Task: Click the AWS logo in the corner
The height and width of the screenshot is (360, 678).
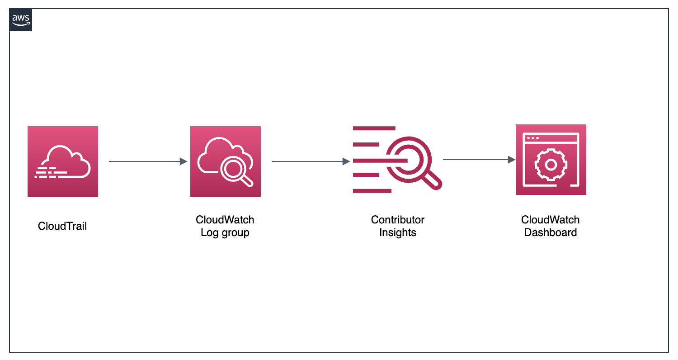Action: [x=21, y=20]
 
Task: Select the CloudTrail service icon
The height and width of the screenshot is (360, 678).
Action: [x=63, y=161]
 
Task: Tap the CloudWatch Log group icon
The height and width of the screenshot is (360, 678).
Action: [x=226, y=161]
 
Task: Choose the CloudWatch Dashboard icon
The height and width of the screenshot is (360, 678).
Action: [x=551, y=160]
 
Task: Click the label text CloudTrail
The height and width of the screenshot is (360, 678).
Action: [x=62, y=226]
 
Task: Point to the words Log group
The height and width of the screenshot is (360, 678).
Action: [x=225, y=233]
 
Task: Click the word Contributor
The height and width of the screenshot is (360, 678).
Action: [x=398, y=220]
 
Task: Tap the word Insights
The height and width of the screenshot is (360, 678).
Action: [x=398, y=233]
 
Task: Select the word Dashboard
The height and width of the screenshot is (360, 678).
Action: [x=551, y=233]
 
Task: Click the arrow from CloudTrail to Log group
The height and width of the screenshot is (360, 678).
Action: [x=148, y=161]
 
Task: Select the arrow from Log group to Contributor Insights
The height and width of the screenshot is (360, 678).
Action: [x=311, y=161]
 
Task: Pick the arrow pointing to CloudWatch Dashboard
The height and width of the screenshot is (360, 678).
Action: [x=479, y=160]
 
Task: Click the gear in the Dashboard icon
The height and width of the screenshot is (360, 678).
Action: [x=551, y=165]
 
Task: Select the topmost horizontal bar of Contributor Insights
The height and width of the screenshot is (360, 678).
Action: [x=374, y=128]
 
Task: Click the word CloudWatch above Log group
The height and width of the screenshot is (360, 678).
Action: [x=225, y=220]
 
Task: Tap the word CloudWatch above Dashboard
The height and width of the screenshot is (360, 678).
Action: [x=551, y=220]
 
